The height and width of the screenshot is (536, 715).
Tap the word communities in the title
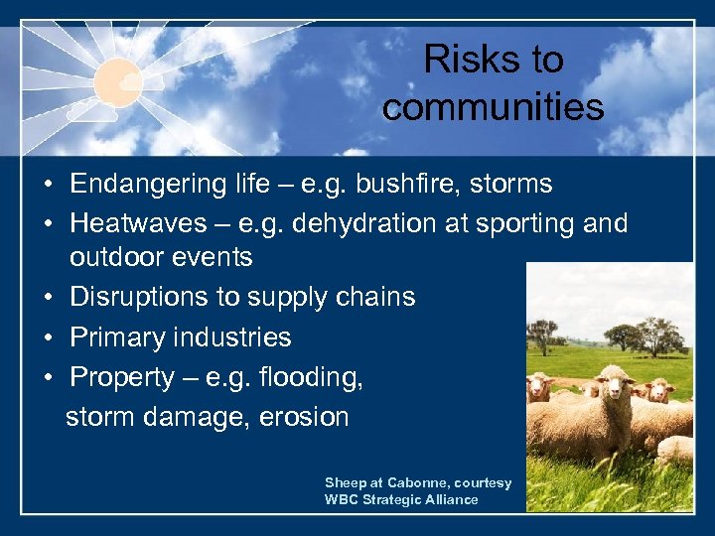(493, 107)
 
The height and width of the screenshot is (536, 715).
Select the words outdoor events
(161, 257)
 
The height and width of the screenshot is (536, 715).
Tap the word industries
(230, 337)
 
